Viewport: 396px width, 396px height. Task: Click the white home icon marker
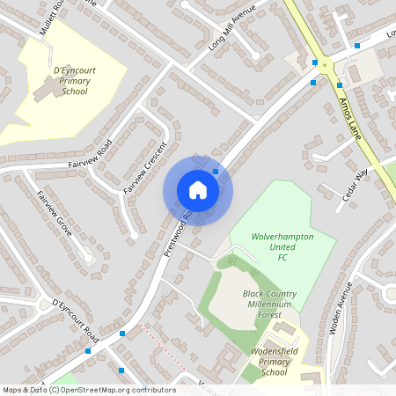click(198, 189)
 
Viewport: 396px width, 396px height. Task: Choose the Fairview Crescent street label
click(145, 168)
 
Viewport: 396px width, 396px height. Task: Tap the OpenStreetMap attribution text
click(89, 390)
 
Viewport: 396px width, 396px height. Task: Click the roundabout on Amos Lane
click(327, 63)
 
